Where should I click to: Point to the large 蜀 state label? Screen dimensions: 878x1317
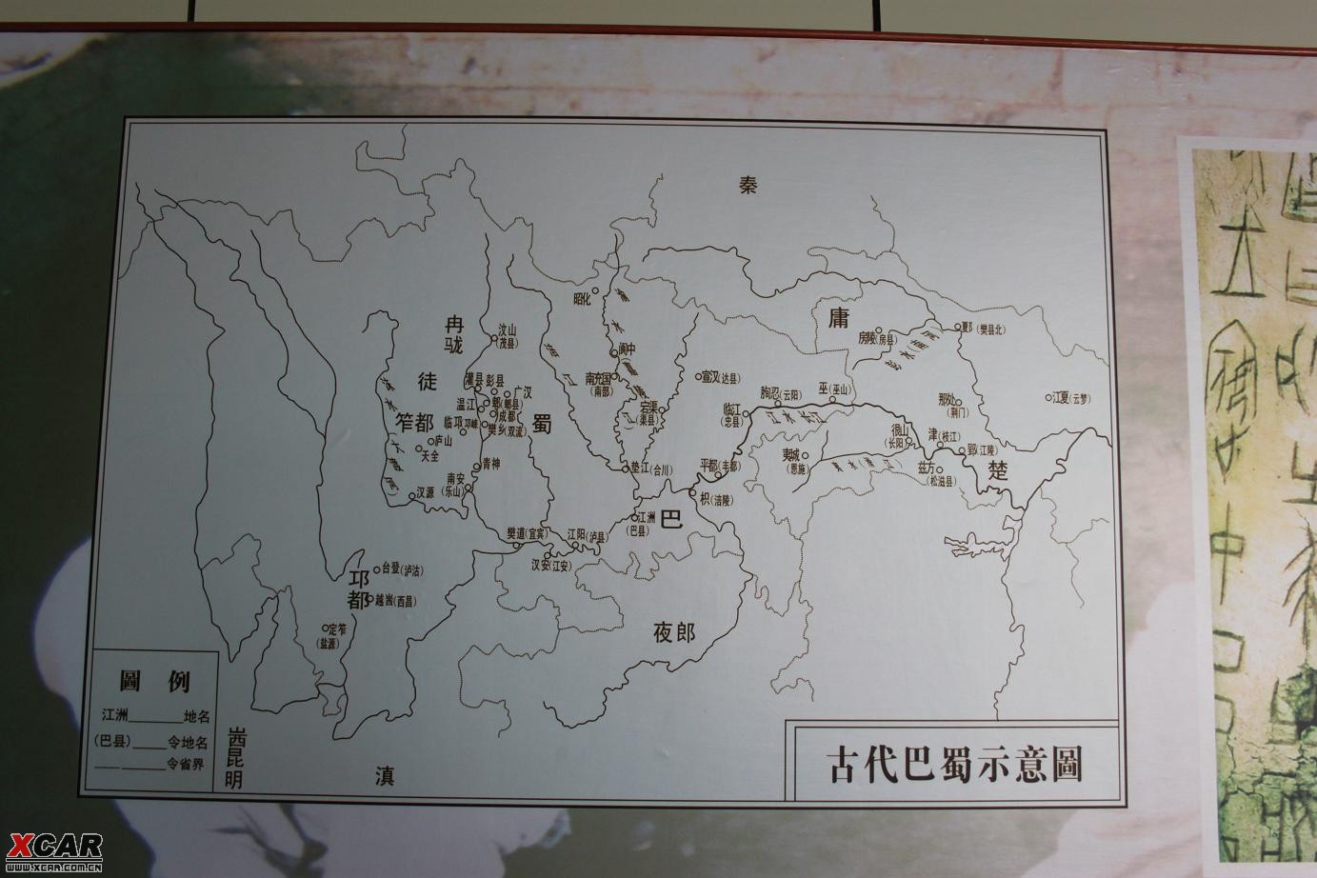click(x=542, y=425)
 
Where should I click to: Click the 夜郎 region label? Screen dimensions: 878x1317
click(x=674, y=632)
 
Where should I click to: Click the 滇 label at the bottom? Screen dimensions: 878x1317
click(x=384, y=778)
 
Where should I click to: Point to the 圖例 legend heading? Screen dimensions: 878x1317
click(x=154, y=681)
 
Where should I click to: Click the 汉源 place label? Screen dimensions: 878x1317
click(x=425, y=493)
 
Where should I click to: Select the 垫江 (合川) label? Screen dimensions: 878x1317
click(x=650, y=469)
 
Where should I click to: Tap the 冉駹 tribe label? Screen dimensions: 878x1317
click(x=453, y=332)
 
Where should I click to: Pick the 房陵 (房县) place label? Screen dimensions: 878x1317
click(x=877, y=337)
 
